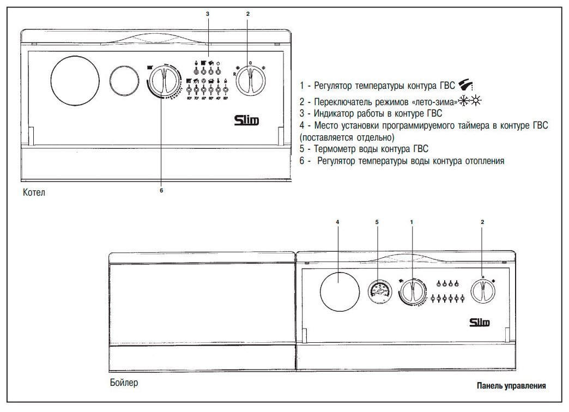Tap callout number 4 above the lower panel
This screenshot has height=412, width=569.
coord(338,222)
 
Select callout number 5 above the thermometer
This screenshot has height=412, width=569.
coord(377,222)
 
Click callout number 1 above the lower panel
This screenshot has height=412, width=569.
coord(411,222)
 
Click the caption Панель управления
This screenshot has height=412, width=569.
coord(511,386)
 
